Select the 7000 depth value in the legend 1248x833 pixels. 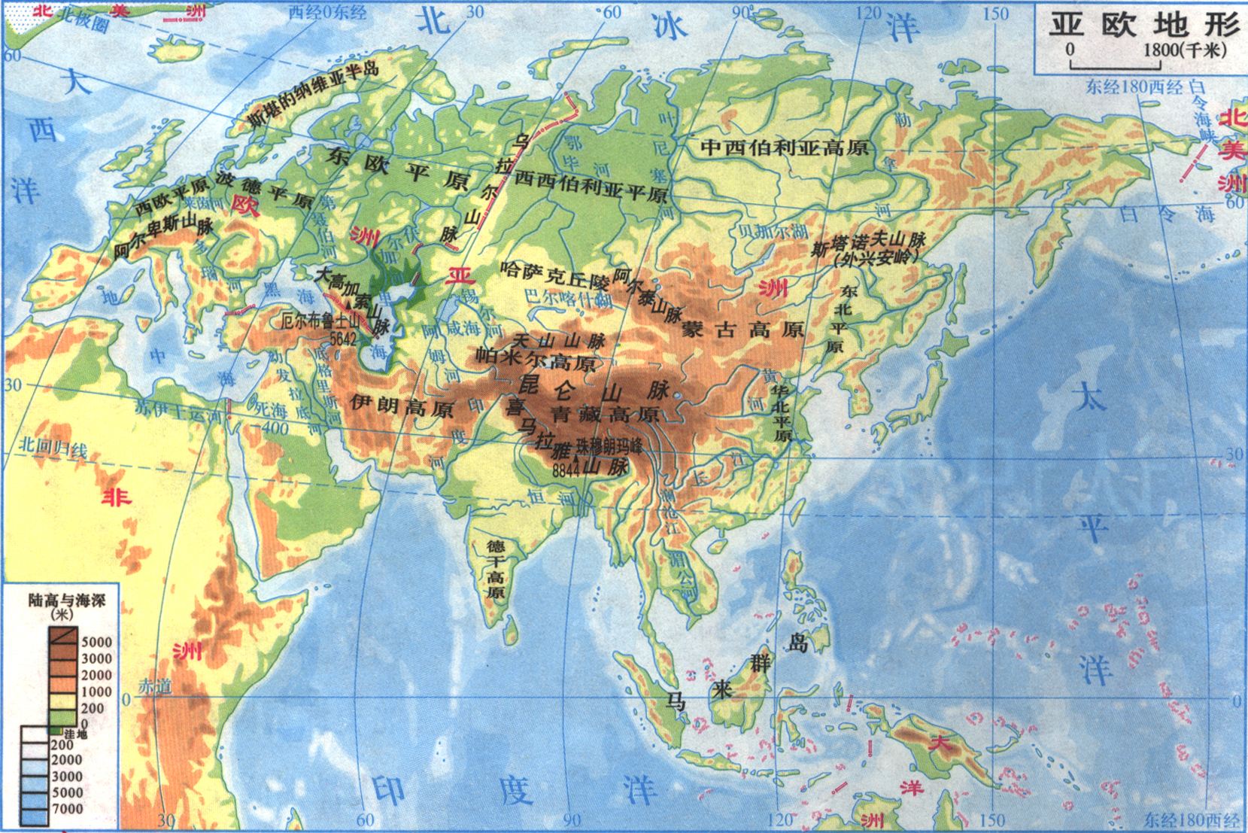coord(67,809)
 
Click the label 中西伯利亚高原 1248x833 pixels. coord(784,146)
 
